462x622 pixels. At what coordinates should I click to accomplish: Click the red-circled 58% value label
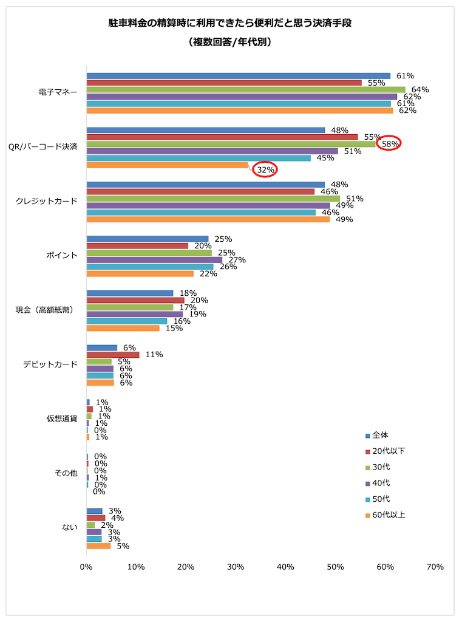coord(390,144)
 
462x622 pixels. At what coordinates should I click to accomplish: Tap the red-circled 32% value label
coord(265,170)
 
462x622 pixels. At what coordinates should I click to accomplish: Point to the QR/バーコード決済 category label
coord(47,148)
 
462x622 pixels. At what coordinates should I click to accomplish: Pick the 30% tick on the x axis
coord(236,567)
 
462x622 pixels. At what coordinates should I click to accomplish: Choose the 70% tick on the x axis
coord(435,567)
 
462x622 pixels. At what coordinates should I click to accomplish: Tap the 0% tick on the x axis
coord(86,567)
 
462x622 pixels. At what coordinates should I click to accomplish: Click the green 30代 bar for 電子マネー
coord(246,90)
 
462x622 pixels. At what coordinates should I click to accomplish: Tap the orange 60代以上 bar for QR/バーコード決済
coord(168,165)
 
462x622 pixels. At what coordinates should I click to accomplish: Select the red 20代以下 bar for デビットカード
coord(113,355)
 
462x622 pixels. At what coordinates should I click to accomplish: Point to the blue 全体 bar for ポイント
coord(148,239)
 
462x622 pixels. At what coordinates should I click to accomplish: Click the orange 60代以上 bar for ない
coord(98,546)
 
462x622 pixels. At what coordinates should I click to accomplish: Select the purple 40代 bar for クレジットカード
coord(208,205)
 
